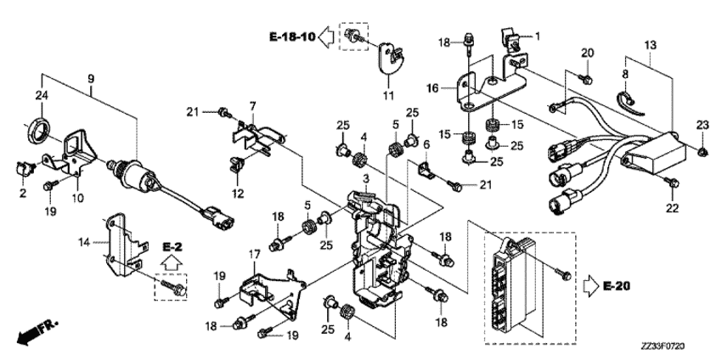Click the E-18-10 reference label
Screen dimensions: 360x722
291,37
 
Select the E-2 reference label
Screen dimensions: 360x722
173,246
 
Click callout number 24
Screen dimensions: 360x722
40,94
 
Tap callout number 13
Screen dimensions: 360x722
650,43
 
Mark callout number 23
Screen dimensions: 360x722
702,126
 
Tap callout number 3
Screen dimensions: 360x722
364,180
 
